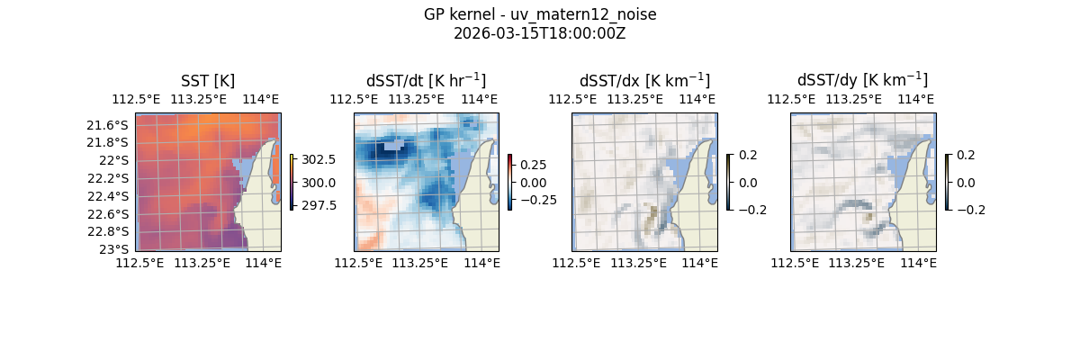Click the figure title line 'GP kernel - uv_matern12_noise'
[539, 15]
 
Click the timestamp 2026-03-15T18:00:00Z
[539, 33]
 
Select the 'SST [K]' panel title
[208, 81]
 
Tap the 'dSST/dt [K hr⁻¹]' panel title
[426, 81]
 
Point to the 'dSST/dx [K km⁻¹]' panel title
[644, 81]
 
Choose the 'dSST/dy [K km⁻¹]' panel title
[862, 81]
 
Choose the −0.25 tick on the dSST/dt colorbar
[537, 200]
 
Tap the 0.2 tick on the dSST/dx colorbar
[748, 155]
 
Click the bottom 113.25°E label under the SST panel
[201, 263]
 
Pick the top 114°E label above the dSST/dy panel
[916, 99]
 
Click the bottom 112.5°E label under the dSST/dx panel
[575, 263]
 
